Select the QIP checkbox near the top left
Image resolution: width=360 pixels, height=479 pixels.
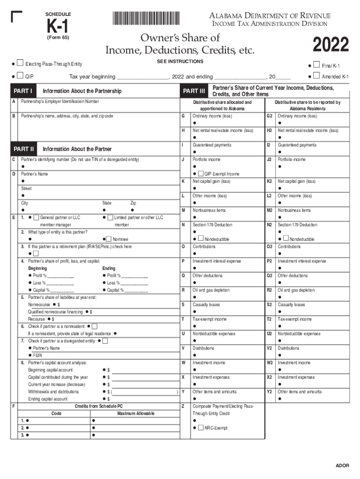coord(20,76)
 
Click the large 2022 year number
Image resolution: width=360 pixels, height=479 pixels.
coord(331,45)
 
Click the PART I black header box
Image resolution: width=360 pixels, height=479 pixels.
coord(23,90)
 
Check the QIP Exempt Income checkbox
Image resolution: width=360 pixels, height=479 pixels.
coord(201,174)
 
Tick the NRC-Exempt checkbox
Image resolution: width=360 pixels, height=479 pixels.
coord(201,428)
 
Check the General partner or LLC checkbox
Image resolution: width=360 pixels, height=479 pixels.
coord(36,218)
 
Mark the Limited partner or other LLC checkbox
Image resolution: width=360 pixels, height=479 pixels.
coord(110,218)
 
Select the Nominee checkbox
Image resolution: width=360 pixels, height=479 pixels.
coord(109,239)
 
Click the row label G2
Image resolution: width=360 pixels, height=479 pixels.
coord(270,116)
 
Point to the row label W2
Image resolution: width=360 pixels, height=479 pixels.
coord(270,363)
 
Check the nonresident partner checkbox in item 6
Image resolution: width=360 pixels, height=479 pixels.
coord(94,326)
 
